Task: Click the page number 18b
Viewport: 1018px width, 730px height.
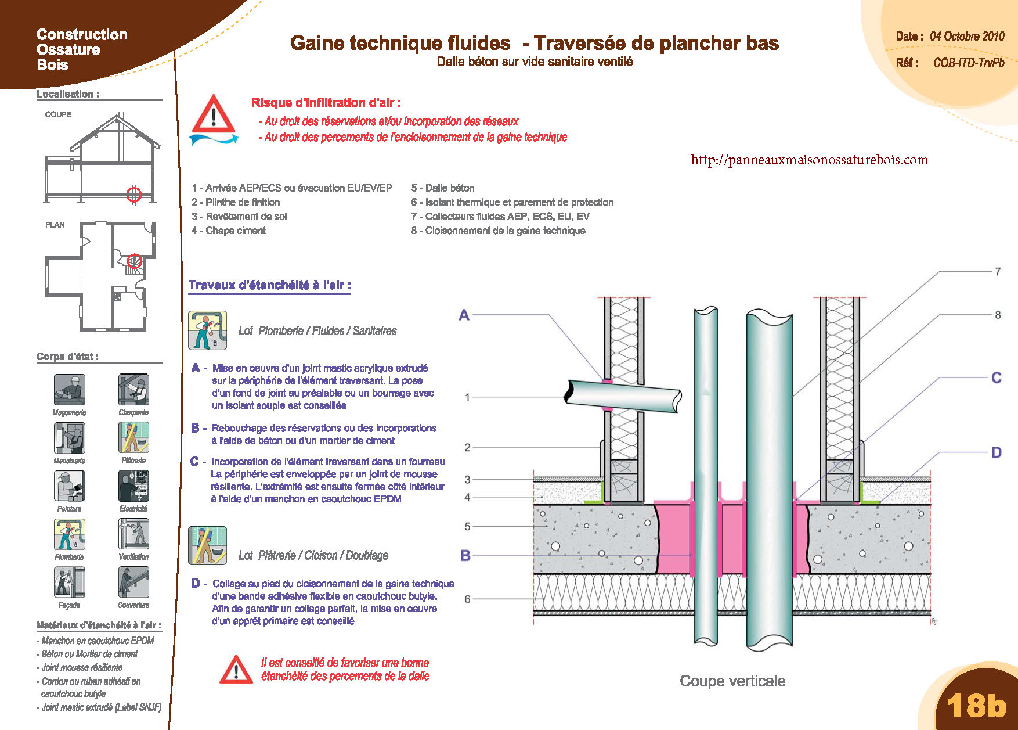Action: pyautogui.click(x=976, y=705)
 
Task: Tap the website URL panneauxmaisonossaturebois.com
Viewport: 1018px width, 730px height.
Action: pyautogui.click(x=810, y=160)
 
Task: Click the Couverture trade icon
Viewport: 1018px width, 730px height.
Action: pyautogui.click(x=133, y=582)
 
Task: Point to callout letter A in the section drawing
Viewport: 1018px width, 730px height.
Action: pyautogui.click(x=464, y=315)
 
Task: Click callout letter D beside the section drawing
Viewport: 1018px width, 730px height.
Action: pyautogui.click(x=996, y=452)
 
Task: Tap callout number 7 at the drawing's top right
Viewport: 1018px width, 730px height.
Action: pyautogui.click(x=998, y=271)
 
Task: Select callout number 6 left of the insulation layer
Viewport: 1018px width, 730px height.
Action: pyautogui.click(x=467, y=599)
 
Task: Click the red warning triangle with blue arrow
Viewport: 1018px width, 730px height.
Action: pyautogui.click(x=214, y=120)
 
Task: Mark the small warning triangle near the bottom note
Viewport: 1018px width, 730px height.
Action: pyautogui.click(x=236, y=670)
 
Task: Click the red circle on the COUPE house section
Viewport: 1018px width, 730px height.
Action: pyautogui.click(x=134, y=194)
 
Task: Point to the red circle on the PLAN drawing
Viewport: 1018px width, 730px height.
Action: pyautogui.click(x=135, y=261)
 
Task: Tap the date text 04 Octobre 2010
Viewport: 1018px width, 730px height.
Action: pyautogui.click(x=967, y=36)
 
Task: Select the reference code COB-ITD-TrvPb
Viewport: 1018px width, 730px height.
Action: pyautogui.click(x=969, y=63)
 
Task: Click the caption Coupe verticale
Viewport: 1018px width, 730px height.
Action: pyautogui.click(x=732, y=681)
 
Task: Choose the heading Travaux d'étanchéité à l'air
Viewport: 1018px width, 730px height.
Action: pyautogui.click(x=269, y=285)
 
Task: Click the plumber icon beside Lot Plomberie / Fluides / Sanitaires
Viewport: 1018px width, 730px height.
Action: pyautogui.click(x=207, y=330)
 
